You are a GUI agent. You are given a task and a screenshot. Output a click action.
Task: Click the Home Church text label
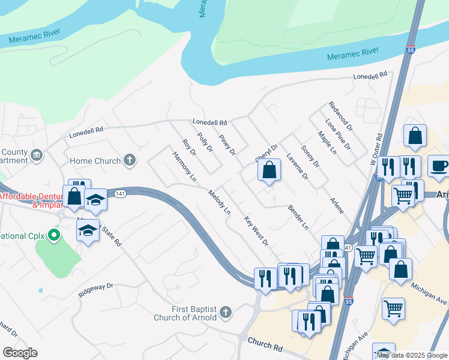pyautogui.click(x=95, y=161)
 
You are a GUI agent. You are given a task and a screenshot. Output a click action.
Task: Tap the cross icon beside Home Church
pyautogui.click(x=129, y=160)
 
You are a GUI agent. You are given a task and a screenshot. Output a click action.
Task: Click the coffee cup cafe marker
pyautogui.click(x=439, y=166)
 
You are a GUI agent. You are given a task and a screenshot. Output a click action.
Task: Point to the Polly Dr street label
pyautogui.click(x=205, y=142)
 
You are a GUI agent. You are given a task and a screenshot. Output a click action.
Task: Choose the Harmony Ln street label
pyautogui.click(x=184, y=167)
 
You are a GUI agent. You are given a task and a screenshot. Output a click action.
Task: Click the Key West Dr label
pyautogui.click(x=256, y=230)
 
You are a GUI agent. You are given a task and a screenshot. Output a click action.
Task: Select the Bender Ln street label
pyautogui.click(x=298, y=218)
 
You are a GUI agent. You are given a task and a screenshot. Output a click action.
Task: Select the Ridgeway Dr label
pyautogui.click(x=95, y=290)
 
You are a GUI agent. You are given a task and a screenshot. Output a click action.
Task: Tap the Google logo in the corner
pyautogui.click(x=20, y=353)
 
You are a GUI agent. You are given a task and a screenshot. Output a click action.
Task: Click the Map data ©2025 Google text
pyautogui.click(x=412, y=355)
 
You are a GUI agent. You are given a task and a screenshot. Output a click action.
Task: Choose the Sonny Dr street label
pyautogui.click(x=310, y=156)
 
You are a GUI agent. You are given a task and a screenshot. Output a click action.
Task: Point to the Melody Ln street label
pyautogui.click(x=219, y=202)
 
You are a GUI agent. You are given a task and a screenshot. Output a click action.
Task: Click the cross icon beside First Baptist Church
pyautogui.click(x=226, y=311)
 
